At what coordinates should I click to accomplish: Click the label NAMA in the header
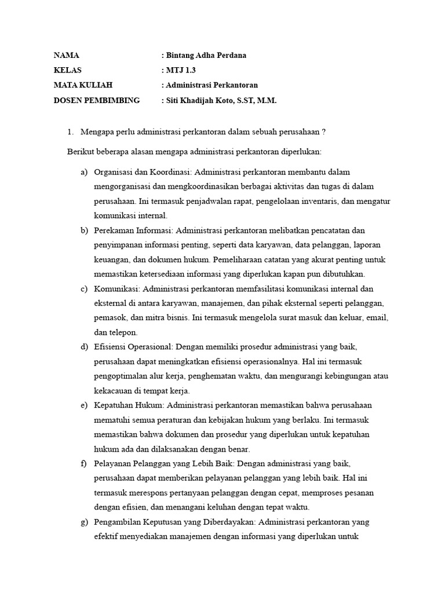(66, 56)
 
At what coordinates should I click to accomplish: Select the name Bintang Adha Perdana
(207, 56)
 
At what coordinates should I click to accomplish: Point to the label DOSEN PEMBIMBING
(97, 100)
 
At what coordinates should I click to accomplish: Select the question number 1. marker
(71, 131)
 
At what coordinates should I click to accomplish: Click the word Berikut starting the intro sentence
(80, 151)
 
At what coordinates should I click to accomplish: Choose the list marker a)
(85, 172)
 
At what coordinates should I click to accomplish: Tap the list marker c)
(85, 288)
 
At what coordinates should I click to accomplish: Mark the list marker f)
(85, 463)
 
